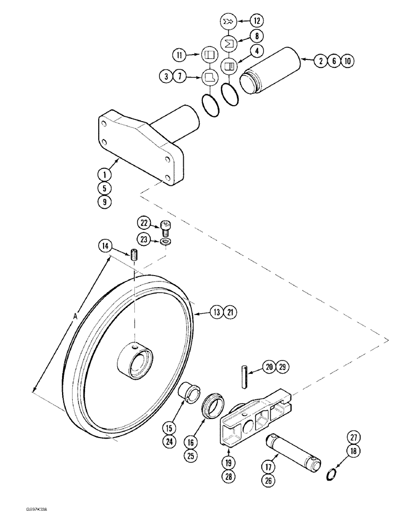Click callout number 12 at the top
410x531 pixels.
point(257,21)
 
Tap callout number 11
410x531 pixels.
point(181,54)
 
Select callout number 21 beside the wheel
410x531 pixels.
point(230,313)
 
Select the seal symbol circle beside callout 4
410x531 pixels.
point(229,66)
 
